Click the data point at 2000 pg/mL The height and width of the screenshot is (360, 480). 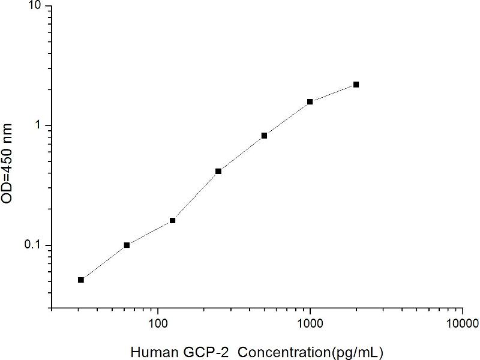[x=356, y=85]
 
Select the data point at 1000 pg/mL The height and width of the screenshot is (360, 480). [x=310, y=101]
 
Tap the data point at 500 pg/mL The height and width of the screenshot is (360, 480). [x=264, y=136]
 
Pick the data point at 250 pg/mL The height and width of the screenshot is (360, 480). [x=218, y=171]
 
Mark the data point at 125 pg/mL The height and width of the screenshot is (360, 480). [x=173, y=220]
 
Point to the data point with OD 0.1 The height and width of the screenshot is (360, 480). [x=127, y=245]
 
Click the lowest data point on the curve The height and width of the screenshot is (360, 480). [x=81, y=280]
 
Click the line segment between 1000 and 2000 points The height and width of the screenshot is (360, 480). [x=333, y=93]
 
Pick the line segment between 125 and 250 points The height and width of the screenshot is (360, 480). [x=196, y=196]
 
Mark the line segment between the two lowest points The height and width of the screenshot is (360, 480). [x=104, y=262]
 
